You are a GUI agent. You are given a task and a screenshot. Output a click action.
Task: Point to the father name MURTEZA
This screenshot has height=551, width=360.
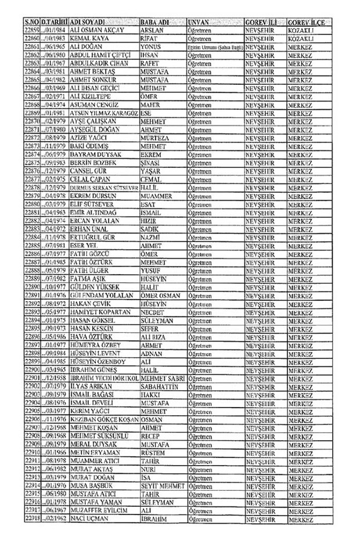tap(156, 138)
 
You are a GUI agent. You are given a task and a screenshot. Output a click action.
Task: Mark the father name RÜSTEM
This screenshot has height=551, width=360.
tap(153, 452)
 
